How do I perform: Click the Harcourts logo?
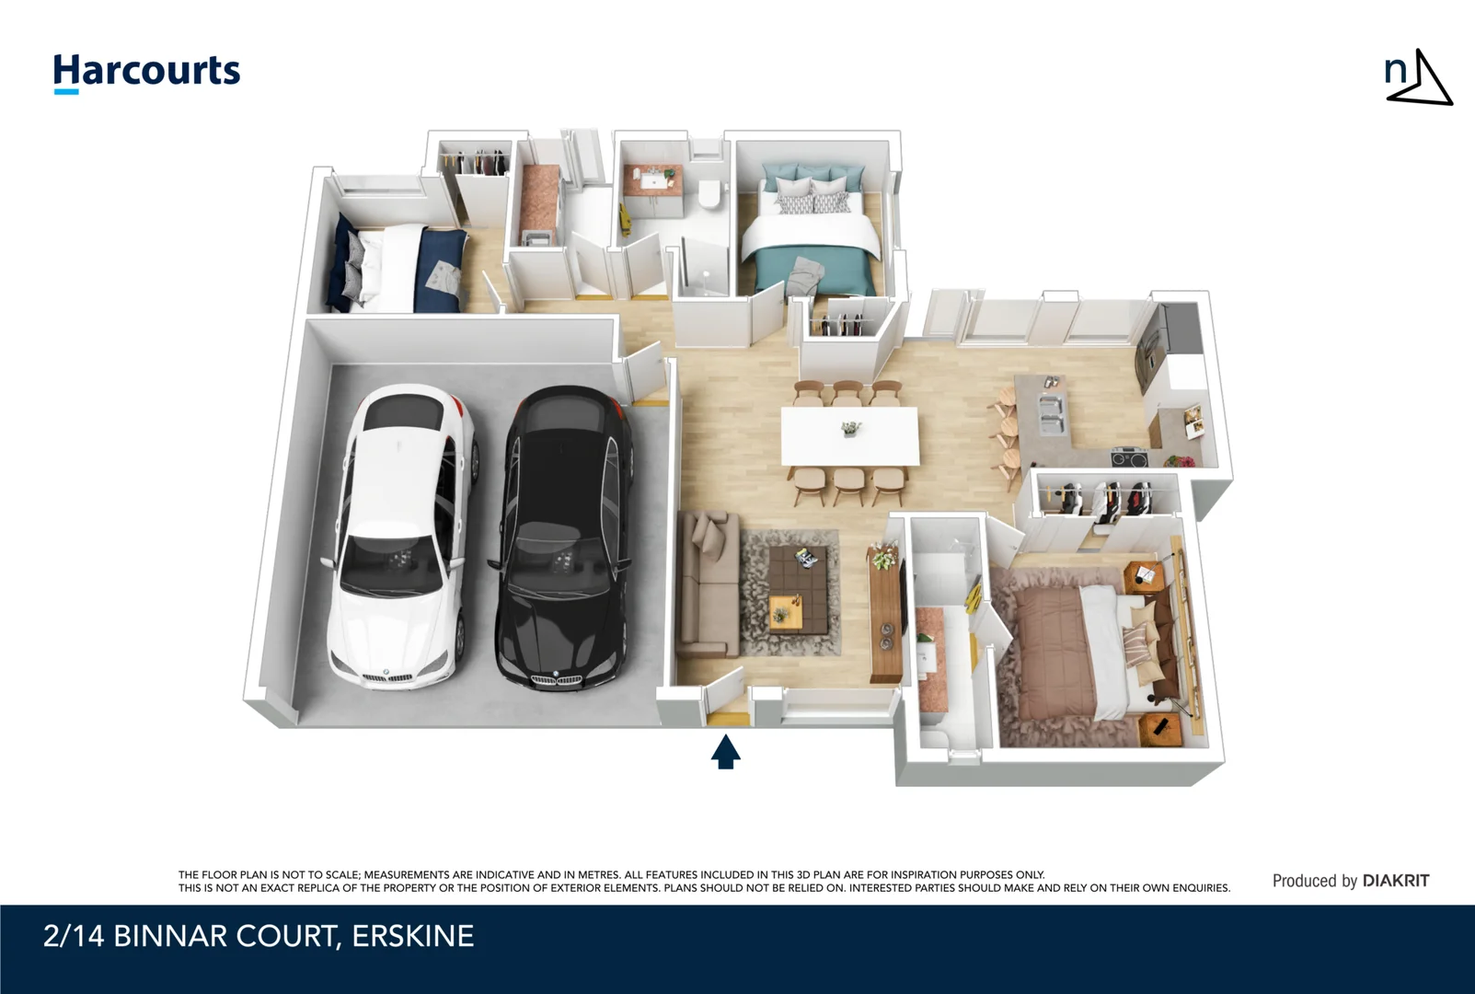pos(146,73)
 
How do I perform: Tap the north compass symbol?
pos(1418,77)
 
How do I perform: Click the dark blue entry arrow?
pos(726,752)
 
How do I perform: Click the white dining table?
pos(850,436)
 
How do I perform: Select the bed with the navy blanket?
pos(399,268)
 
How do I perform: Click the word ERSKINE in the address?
pos(413,936)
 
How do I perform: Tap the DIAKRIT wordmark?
pos(1395,881)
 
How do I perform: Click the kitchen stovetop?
pos(1130,457)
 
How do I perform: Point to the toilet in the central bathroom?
pos(709,196)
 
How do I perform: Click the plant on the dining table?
pos(851,428)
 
